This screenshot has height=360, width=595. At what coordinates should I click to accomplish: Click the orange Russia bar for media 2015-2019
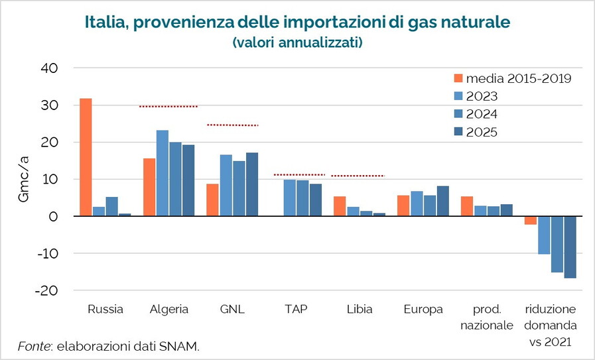[86, 157]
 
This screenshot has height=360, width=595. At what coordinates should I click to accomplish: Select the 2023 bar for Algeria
[162, 173]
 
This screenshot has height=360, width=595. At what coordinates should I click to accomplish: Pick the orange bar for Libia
[340, 206]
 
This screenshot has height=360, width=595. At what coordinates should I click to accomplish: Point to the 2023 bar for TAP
[289, 198]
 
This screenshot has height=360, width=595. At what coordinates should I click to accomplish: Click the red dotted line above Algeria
[168, 106]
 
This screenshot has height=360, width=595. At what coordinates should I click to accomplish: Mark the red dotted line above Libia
[358, 176]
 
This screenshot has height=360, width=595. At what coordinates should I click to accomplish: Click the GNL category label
[232, 309]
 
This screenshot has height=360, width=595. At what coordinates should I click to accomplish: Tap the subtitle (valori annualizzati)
[297, 42]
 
